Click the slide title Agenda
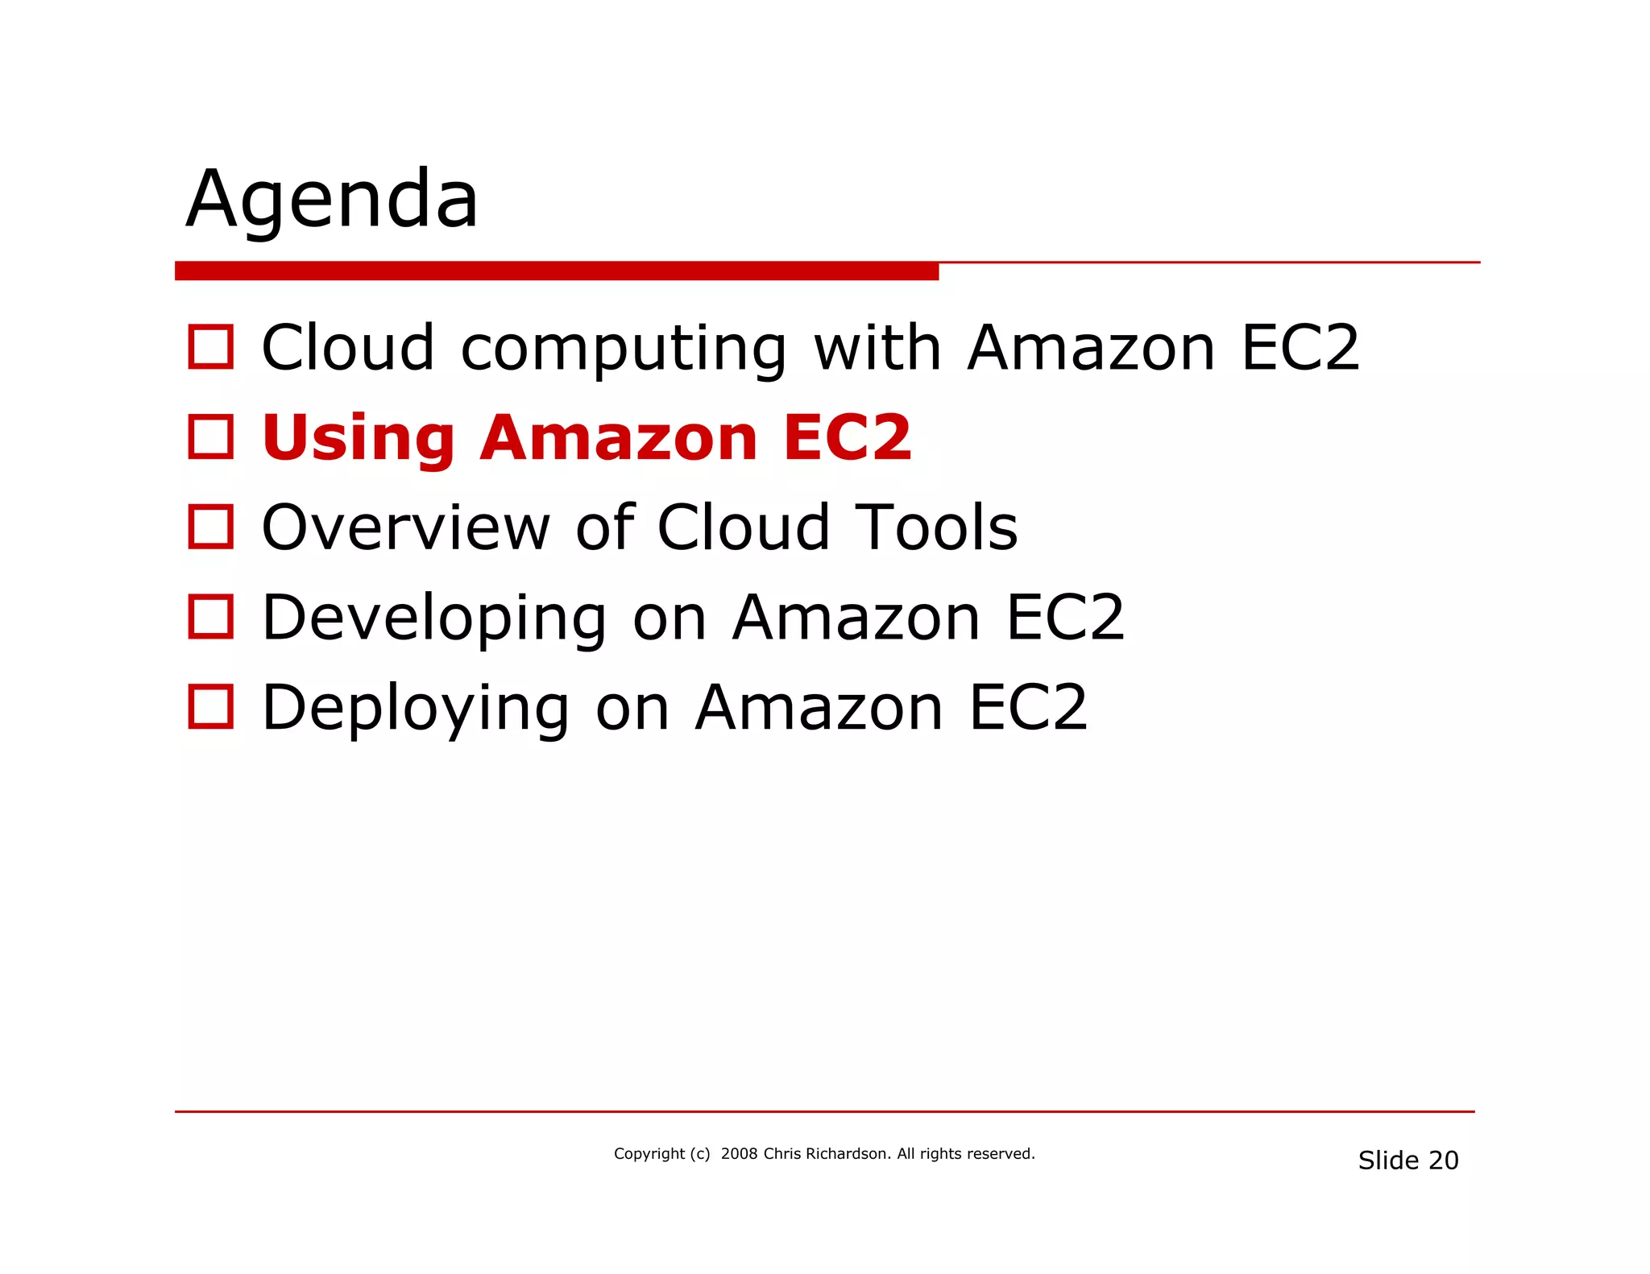point(332,199)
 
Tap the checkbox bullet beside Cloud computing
point(210,347)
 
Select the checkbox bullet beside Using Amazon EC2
point(210,437)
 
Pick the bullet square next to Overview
point(210,527)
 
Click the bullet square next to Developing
point(210,617)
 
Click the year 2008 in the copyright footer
point(739,1154)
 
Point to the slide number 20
point(1443,1160)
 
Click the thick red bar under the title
point(556,271)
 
